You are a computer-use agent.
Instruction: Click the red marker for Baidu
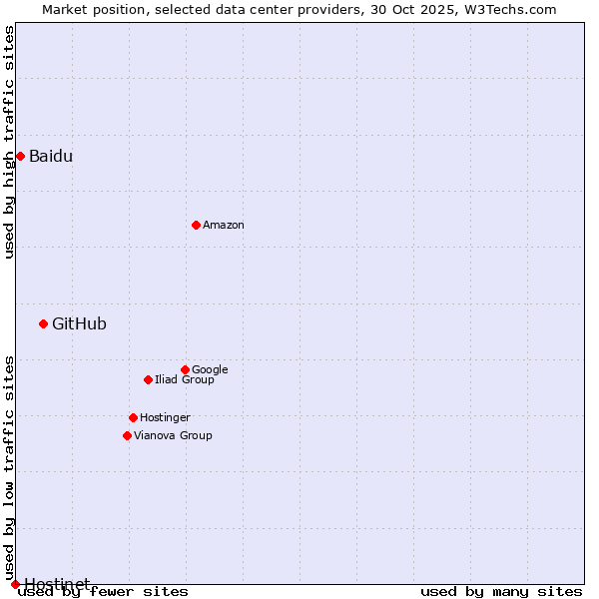click(20, 156)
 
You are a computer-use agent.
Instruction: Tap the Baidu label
click(51, 156)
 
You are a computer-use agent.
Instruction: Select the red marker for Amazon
click(196, 225)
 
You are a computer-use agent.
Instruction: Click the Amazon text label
click(224, 226)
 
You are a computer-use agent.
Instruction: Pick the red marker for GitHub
click(43, 323)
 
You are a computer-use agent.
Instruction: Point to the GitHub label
click(79, 323)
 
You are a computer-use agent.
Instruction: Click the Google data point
click(185, 369)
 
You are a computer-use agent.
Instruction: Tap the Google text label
click(210, 369)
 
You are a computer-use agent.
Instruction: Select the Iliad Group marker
click(148, 379)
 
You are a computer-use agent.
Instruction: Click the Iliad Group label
click(185, 380)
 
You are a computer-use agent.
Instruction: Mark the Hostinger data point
click(133, 417)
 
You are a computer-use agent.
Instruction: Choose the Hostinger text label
click(165, 417)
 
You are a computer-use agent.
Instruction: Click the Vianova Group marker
click(127, 435)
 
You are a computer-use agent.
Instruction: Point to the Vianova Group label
click(173, 435)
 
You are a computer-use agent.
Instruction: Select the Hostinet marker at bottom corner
click(15, 584)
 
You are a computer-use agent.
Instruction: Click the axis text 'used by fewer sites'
click(103, 592)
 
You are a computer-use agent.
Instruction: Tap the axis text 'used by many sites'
click(501, 592)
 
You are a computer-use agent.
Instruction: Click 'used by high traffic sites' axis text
click(10, 142)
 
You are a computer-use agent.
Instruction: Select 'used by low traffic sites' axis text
click(10, 467)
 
